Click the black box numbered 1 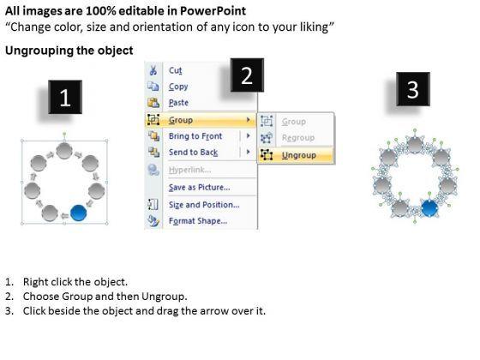coord(65,97)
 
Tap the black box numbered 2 coord(247,75)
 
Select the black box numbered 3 coord(413,89)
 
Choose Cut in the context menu coord(176,70)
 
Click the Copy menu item coord(178,87)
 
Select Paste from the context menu coord(178,103)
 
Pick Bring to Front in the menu coord(195,136)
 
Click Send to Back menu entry coord(193,153)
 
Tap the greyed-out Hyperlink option coord(189,170)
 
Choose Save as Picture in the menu coord(199,187)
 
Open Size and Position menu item coord(204,205)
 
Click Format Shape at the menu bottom coord(198,221)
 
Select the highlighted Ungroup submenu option coord(299,155)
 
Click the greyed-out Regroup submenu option coord(298,138)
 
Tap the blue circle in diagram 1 coord(78,213)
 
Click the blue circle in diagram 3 coord(429,207)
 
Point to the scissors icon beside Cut coord(153,70)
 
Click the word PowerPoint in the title coord(213,11)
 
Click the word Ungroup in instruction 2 coord(164,297)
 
